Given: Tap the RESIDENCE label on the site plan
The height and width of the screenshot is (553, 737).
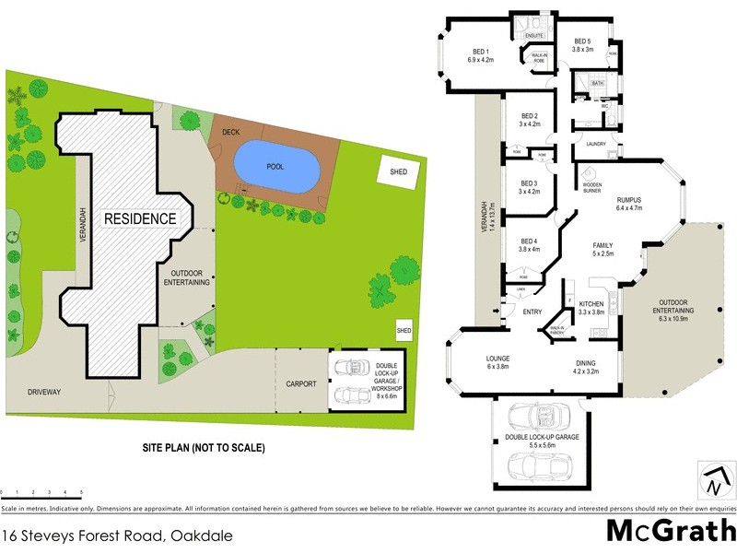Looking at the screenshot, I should [x=139, y=219].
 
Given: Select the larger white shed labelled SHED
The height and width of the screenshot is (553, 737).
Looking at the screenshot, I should [x=399, y=171].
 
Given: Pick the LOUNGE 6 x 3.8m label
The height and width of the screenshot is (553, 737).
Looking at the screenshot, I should [x=485, y=362].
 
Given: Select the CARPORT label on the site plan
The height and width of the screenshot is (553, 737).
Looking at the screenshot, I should [x=301, y=382].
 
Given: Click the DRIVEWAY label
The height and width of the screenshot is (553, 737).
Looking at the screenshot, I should [x=43, y=392].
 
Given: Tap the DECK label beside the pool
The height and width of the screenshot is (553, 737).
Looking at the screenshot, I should [x=230, y=133].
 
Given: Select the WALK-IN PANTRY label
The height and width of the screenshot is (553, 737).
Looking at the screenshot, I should [x=556, y=329].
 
